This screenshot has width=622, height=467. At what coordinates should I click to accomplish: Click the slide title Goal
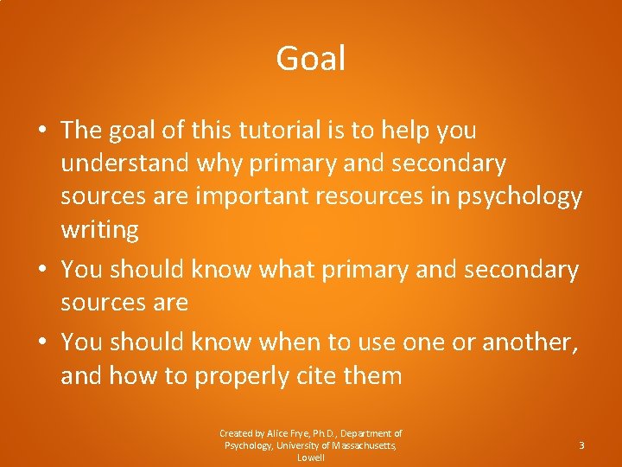click(311, 59)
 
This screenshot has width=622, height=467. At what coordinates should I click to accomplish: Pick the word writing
click(99, 230)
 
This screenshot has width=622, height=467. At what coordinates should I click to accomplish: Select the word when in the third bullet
click(293, 342)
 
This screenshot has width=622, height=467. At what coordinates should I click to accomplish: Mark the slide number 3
click(581, 445)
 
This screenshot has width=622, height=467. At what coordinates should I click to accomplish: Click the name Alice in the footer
click(279, 433)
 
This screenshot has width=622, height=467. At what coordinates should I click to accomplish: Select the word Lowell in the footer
click(311, 457)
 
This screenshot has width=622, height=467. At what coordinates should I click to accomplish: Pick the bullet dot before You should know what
click(41, 271)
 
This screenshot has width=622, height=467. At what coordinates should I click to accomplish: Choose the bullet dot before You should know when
click(41, 343)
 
